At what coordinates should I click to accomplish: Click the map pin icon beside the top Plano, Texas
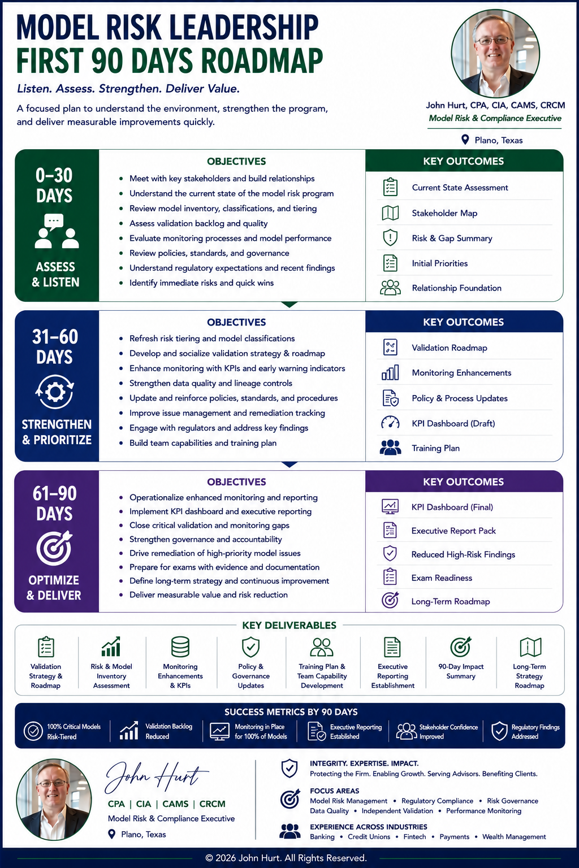tap(465, 140)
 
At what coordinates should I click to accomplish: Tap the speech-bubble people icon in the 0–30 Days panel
tap(57, 231)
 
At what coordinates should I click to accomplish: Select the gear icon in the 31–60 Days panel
tap(55, 392)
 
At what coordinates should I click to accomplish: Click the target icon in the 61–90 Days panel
tap(55, 548)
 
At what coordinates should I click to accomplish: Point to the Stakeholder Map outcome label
tap(444, 213)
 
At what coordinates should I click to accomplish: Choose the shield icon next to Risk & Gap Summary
tap(390, 238)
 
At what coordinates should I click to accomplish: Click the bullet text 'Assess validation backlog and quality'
tap(198, 223)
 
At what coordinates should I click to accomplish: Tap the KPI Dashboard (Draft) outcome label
tap(453, 423)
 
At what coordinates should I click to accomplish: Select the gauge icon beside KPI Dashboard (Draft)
tap(390, 422)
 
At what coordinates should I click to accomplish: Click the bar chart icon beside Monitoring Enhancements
tap(390, 372)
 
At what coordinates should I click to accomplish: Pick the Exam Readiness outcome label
tap(442, 578)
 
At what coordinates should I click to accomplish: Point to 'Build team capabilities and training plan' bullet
tap(203, 443)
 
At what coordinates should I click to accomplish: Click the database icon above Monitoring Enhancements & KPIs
tap(180, 646)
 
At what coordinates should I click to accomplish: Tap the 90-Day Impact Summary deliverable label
tap(461, 671)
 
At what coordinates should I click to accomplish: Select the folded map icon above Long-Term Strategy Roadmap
tap(530, 647)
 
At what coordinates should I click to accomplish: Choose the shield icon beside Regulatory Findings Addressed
tap(499, 731)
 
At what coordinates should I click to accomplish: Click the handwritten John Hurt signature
tap(157, 777)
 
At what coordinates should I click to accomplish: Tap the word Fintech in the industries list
tap(414, 836)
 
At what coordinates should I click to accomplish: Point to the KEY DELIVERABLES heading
tap(289, 625)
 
